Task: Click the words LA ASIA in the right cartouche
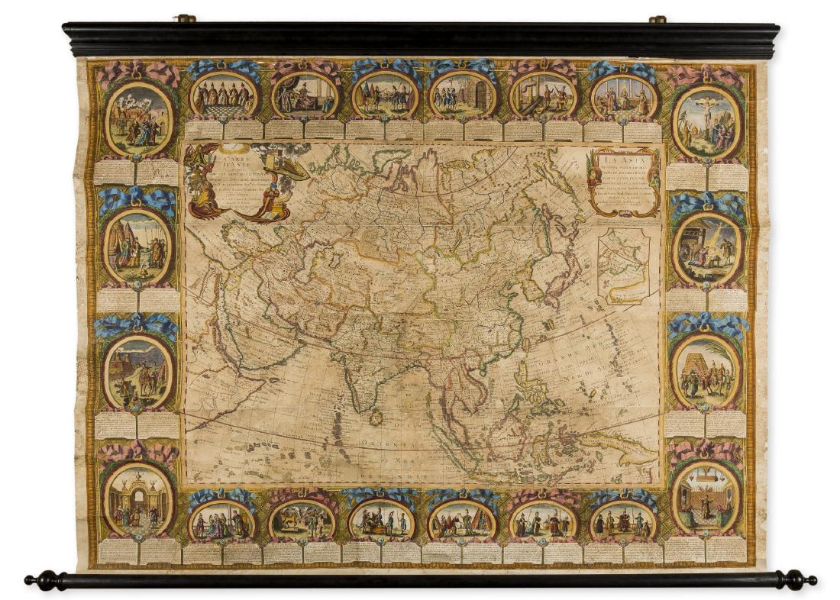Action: click(624, 161)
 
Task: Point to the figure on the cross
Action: click(706, 113)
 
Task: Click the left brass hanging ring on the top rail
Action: click(183, 18)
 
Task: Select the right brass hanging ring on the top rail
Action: click(657, 18)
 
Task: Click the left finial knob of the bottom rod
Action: click(31, 579)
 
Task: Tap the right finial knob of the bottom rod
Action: click(809, 579)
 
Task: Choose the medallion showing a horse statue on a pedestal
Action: click(302, 520)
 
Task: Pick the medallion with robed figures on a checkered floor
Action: click(223, 96)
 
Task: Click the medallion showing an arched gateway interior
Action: click(138, 500)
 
